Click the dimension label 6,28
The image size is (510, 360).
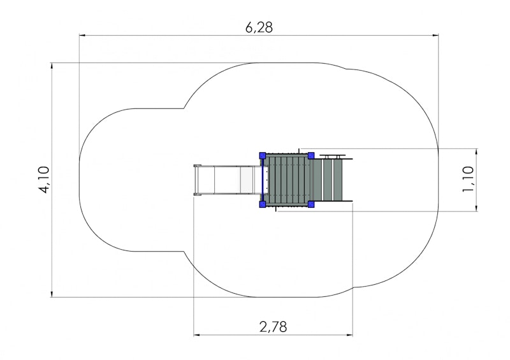coord(259,27)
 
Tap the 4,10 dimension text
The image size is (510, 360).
coord(44,180)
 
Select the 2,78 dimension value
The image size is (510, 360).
coord(273,327)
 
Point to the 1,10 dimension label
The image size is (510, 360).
coord(468,179)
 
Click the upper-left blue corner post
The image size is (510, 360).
coord(263,155)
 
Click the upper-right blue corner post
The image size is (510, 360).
coord(311,155)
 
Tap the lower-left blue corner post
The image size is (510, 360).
coord(263,205)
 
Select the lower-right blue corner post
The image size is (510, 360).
coord(311,205)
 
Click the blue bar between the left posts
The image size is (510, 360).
coord(263,180)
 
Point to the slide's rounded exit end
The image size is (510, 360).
coord(196,180)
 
